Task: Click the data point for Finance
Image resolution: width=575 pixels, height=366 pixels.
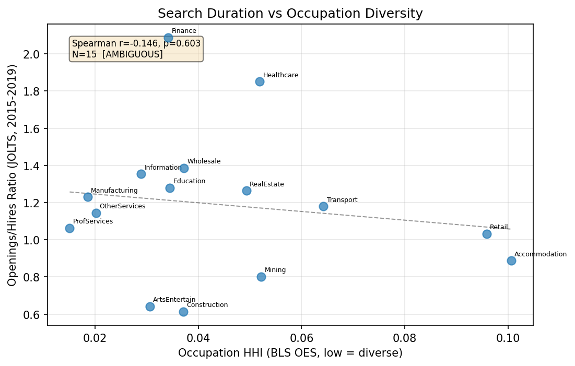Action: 168,38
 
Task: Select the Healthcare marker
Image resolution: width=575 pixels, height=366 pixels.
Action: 260,81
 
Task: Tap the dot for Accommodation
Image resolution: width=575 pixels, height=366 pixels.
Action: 511,261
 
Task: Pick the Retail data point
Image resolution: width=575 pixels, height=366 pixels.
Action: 487,234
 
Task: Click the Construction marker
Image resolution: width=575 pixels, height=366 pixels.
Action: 183,312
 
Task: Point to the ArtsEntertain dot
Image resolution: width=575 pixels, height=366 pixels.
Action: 150,306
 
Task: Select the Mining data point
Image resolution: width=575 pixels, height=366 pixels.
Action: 261,277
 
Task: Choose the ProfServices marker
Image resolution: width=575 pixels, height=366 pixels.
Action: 69,228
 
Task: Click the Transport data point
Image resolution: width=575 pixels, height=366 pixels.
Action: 323,206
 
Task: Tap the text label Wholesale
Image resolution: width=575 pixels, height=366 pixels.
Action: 204,161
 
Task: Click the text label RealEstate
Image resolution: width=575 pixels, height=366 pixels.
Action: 266,184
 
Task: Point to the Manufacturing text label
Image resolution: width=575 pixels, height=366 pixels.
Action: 114,191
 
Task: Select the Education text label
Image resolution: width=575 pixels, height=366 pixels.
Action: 189,181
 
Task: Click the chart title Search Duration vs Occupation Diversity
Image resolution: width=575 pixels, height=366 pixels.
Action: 290,14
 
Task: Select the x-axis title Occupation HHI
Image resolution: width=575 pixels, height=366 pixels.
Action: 290,353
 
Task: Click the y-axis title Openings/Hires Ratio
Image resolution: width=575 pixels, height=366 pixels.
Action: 13,175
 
